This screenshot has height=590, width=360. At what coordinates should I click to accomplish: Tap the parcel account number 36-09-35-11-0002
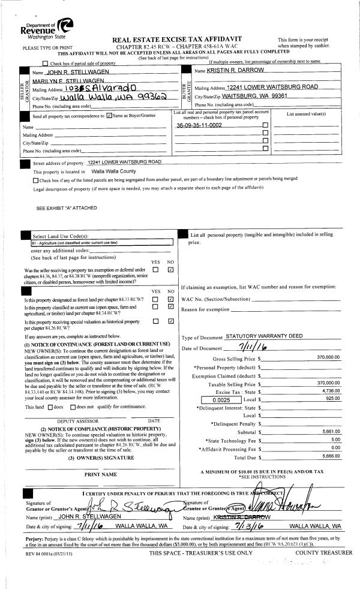[x=199, y=125]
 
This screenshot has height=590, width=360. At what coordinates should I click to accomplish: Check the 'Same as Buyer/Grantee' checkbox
[x=109, y=116]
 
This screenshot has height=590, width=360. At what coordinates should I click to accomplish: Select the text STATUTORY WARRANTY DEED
[x=263, y=337]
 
